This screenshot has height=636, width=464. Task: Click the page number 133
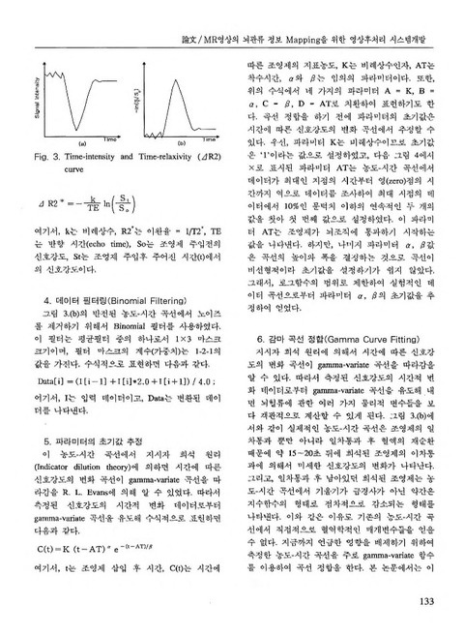point(440,608)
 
